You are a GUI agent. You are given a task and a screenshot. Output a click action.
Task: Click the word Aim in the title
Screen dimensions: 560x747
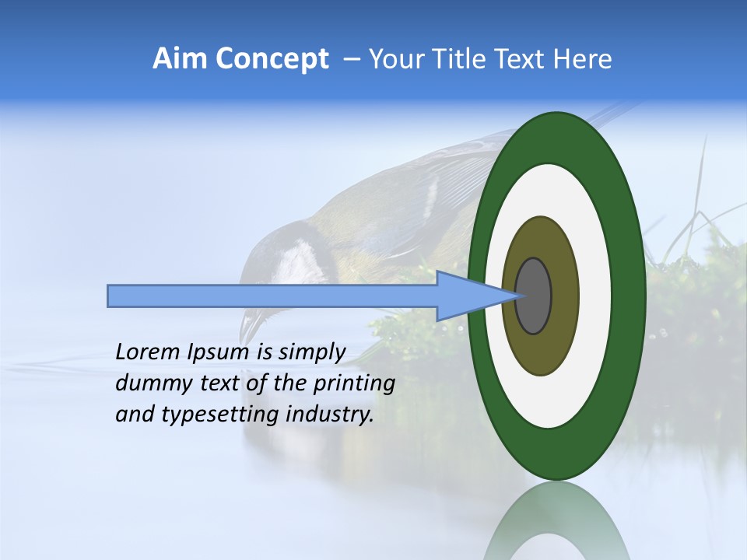point(180,59)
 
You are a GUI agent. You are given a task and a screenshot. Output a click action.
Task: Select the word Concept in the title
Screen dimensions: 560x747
point(272,59)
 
